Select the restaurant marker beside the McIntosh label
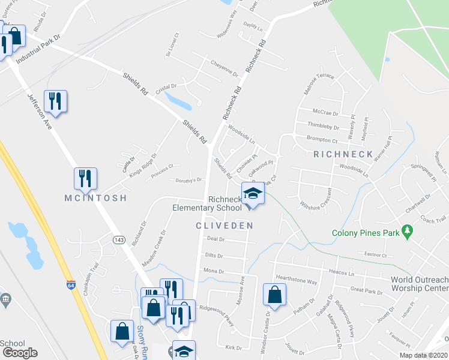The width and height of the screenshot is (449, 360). pyautogui.click(x=85, y=179)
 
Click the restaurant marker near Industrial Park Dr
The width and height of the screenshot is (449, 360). pyautogui.click(x=55, y=101)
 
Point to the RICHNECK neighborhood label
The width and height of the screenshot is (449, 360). pyautogui.click(x=344, y=154)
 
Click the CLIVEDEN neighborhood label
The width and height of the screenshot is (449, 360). pyautogui.click(x=224, y=226)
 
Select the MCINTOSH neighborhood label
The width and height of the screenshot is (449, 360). pyautogui.click(x=96, y=198)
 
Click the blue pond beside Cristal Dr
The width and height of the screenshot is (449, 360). pyautogui.click(x=177, y=100)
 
